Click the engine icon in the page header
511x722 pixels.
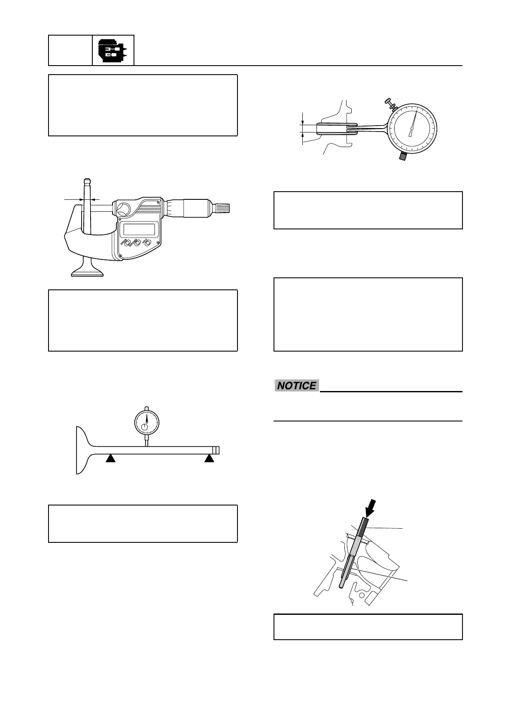[x=113, y=51]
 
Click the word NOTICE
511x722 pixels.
[x=296, y=386]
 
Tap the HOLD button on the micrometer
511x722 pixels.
[x=147, y=243]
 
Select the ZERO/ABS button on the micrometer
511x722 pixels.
[x=137, y=244]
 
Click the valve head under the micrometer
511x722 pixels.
[x=87, y=270]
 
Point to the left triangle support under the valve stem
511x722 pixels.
[x=111, y=459]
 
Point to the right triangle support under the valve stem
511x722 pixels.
[x=209, y=459]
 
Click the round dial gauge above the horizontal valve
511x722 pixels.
[x=146, y=422]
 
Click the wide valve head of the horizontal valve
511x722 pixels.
[x=82, y=450]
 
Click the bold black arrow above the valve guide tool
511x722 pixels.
[x=369, y=507]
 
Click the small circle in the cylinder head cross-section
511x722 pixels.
[x=362, y=596]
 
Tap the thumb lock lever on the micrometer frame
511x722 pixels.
[x=123, y=209]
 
